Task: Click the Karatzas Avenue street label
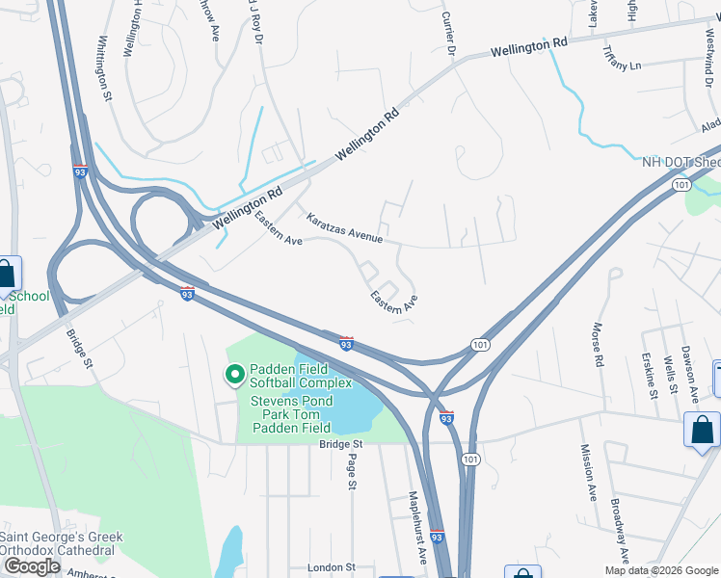tap(345, 227)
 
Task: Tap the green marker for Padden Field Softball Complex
tap(234, 374)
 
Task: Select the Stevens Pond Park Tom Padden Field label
tap(292, 414)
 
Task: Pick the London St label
tap(331, 568)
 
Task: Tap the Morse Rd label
tap(599, 345)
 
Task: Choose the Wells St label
tap(670, 379)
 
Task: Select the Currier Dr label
tap(447, 31)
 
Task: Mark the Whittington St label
tap(105, 64)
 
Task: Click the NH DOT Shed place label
tap(681, 162)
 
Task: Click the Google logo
tap(32, 566)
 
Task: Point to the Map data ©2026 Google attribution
tap(660, 570)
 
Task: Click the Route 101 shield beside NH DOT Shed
tap(681, 184)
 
